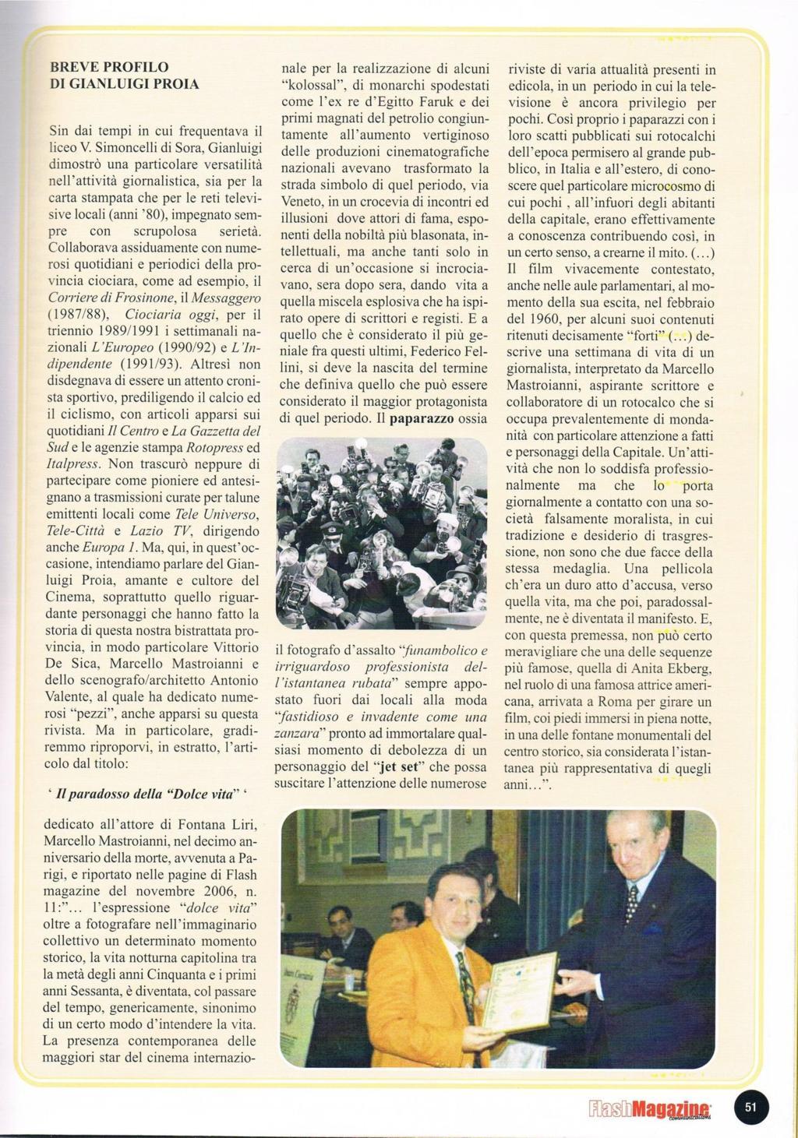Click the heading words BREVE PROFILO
pos(109,67)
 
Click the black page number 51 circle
pos(751,1107)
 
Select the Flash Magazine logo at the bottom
pos(649,1109)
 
